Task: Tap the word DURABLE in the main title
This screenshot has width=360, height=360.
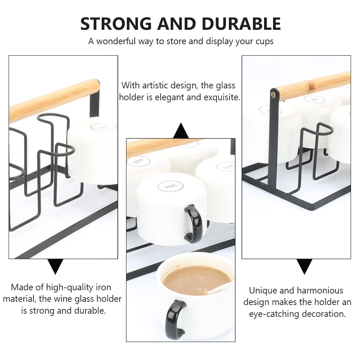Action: (x=241, y=24)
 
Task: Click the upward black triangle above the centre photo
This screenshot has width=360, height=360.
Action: (x=181, y=131)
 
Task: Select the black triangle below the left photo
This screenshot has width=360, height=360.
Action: (x=56, y=267)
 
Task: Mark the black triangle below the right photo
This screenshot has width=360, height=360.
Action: (x=304, y=267)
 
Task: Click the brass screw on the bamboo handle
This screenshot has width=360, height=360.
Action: (x=274, y=95)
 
